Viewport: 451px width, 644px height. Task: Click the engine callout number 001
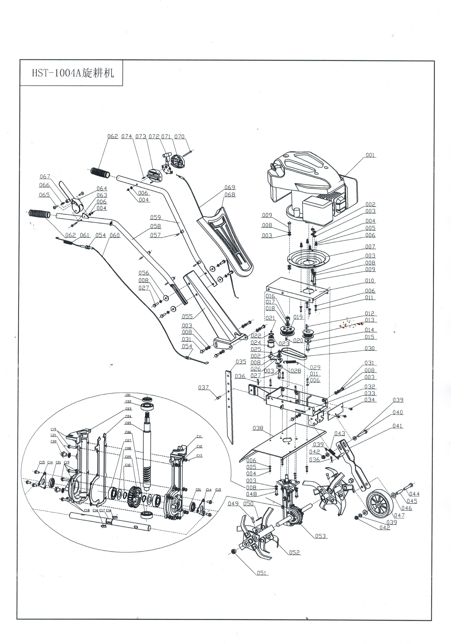point(370,155)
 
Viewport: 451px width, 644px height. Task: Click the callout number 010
point(369,281)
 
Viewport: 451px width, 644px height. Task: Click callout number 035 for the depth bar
point(241,362)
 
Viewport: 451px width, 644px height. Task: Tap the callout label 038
point(258,428)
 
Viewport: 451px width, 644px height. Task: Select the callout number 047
point(399,515)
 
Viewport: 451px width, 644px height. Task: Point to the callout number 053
point(320,536)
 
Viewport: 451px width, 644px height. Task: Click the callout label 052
point(294,552)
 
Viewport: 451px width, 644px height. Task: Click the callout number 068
point(230,195)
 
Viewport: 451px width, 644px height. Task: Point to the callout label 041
point(397,426)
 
